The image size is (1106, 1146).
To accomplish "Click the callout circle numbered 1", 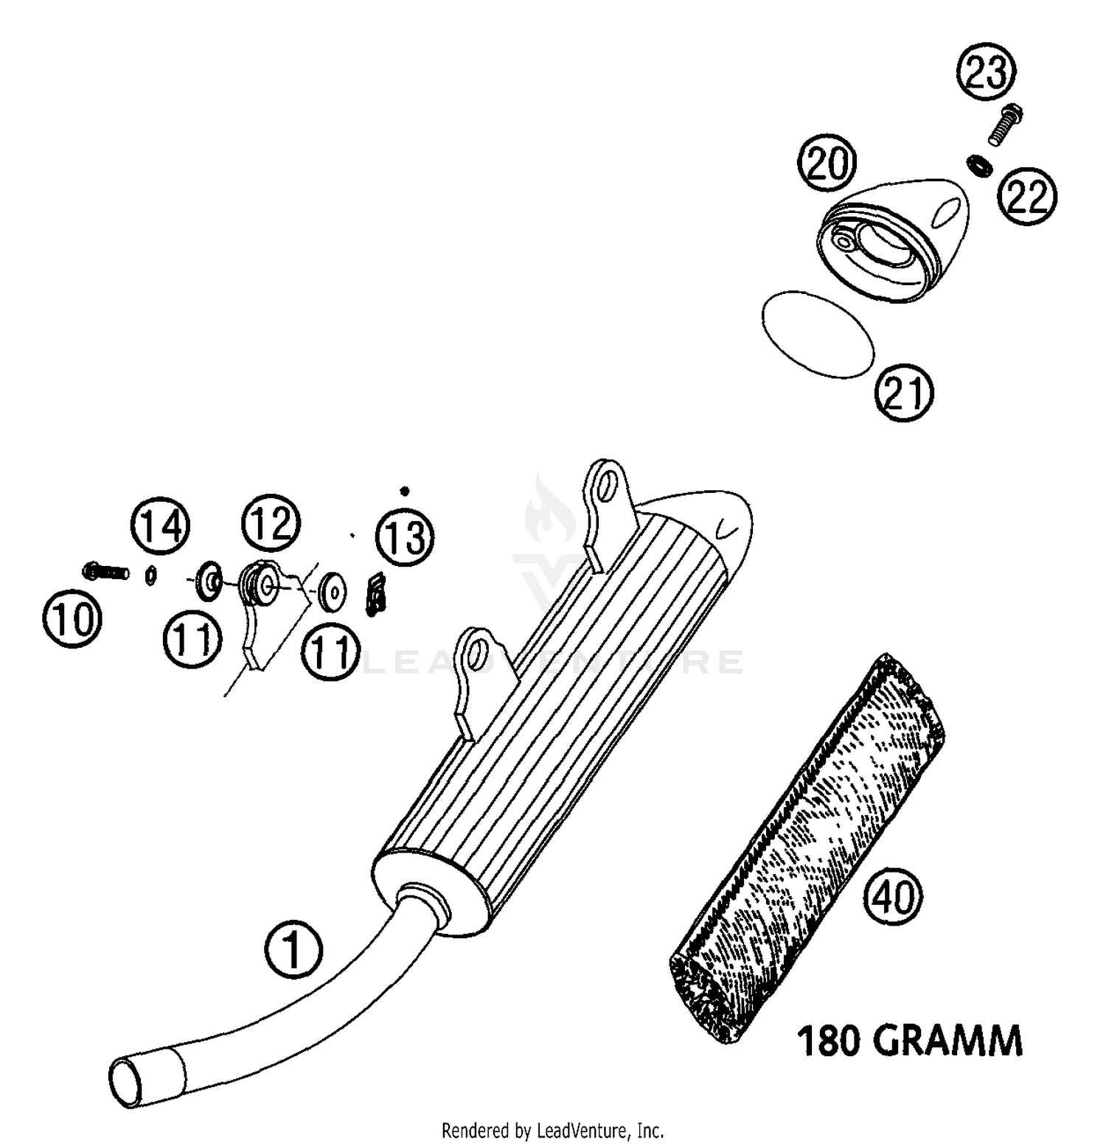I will pyautogui.click(x=293, y=950).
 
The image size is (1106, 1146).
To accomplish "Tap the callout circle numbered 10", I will pyautogui.click(x=72, y=618).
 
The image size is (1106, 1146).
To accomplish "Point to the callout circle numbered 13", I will pyautogui.click(x=405, y=536).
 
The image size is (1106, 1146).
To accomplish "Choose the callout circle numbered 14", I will pyautogui.click(x=160, y=526).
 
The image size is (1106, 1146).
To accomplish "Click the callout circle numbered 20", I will pyautogui.click(x=827, y=164).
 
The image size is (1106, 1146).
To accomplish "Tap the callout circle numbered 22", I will pyautogui.click(x=1027, y=198).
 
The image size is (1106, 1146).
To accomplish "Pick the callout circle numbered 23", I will pyautogui.click(x=986, y=72).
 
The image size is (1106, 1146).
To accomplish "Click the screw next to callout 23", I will pyautogui.click(x=1004, y=125).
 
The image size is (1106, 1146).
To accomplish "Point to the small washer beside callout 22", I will pyautogui.click(x=978, y=164).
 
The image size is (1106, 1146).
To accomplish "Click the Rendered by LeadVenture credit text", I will pyautogui.click(x=552, y=1130).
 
